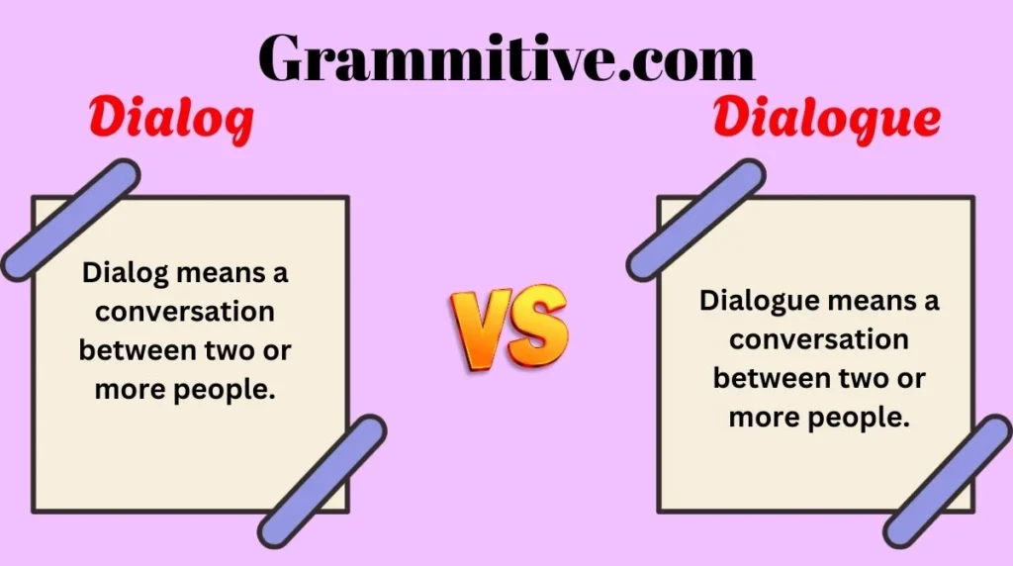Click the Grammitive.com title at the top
click(x=506, y=57)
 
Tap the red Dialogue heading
click(x=826, y=120)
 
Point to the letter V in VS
click(x=482, y=326)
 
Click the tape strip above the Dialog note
click(x=70, y=219)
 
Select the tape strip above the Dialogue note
click(x=695, y=219)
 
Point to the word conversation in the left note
click(x=184, y=311)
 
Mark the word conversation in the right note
click(x=818, y=339)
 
